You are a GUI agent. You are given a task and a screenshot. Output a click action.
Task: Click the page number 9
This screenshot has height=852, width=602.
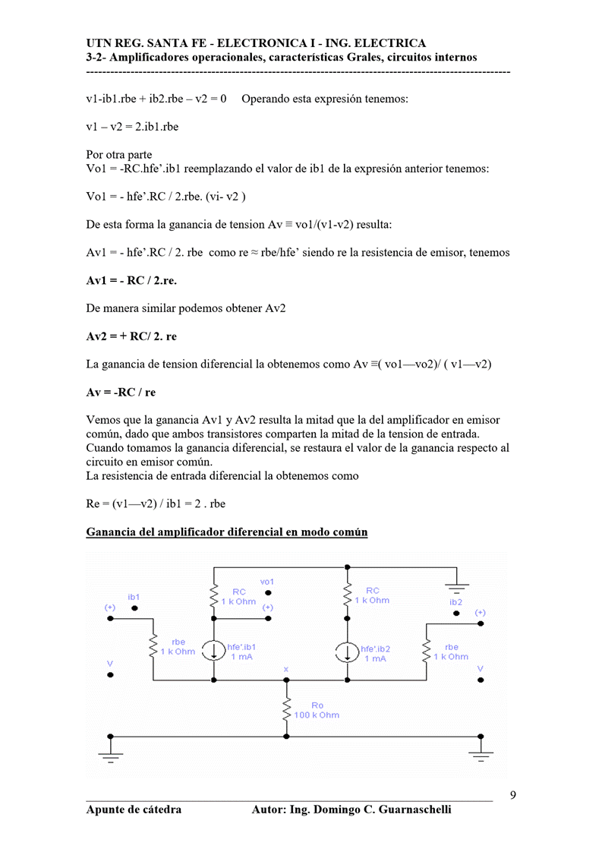513,796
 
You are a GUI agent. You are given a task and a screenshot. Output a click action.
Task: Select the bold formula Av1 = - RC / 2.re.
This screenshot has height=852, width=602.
132,281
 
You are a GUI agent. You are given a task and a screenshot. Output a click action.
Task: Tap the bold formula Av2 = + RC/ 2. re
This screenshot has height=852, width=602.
131,336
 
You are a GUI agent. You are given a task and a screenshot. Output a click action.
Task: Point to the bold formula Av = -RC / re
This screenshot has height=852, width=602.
121,392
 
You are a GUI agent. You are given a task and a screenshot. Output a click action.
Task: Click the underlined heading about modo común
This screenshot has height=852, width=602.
227,532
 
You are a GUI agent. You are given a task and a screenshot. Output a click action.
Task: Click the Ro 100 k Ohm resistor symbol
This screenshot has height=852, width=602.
287,710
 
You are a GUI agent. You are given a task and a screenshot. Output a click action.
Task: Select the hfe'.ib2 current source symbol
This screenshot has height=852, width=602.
348,651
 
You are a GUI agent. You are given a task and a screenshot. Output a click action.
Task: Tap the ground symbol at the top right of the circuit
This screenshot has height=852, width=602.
457,586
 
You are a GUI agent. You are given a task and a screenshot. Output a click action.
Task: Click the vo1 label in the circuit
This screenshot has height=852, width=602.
267,582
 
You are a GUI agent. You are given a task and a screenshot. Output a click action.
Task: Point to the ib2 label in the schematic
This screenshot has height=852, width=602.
455,601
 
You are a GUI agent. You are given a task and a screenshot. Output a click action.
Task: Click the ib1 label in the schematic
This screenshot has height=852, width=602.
134,597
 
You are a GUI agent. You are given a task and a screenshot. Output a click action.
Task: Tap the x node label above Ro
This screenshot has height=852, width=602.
286,669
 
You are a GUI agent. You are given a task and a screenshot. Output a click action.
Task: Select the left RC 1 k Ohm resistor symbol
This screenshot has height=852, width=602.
215,597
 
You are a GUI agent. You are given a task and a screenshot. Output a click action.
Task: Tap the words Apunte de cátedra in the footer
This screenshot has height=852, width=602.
134,809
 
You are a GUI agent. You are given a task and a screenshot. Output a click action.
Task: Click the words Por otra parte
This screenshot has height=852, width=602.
119,155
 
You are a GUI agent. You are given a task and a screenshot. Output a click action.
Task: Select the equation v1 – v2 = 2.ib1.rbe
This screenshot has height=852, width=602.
132,127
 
